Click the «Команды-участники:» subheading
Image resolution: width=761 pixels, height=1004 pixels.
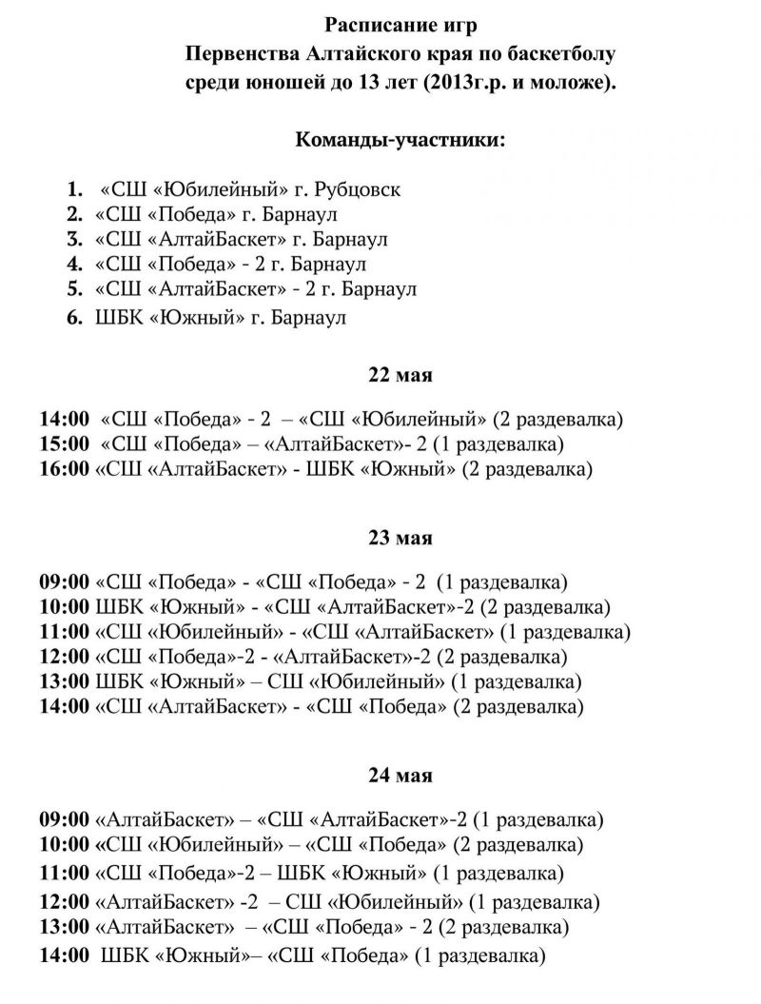pos(400,140)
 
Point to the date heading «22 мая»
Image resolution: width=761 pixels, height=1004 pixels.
pos(400,375)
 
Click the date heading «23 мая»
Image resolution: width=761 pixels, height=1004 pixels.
pos(400,538)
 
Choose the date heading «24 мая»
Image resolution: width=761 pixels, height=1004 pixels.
pos(400,776)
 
